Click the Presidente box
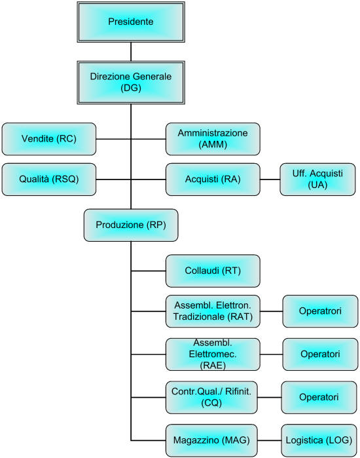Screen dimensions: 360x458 pos(131,22)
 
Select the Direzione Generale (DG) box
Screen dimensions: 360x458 pos(131,83)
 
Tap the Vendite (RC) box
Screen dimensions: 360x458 pos(48,139)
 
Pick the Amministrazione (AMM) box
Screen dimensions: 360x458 pos(213,139)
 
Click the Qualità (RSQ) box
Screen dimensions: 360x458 pos(48,179)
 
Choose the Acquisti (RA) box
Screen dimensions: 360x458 pos(213,179)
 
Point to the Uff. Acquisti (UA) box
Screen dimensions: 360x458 pos(317,179)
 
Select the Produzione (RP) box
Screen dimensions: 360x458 pos(131,225)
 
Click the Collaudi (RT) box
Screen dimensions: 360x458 pos(213,271)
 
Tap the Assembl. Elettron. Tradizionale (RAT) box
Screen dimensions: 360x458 pos(213,311)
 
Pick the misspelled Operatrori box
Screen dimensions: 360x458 pos(320,311)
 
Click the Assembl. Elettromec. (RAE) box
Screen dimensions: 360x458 pos(213,354)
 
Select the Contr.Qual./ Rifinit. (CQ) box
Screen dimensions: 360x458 pos(211,397)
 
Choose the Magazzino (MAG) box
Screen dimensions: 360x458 pos(211,440)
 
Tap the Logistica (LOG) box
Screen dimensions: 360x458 pos(319,440)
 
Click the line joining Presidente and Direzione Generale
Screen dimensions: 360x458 pos(131,52)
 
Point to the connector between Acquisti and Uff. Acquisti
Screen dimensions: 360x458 pos(270,179)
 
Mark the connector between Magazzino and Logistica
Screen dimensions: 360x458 pos(269,440)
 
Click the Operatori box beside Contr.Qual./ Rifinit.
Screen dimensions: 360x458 pos(319,397)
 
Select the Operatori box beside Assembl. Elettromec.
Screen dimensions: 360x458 pos(320,354)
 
